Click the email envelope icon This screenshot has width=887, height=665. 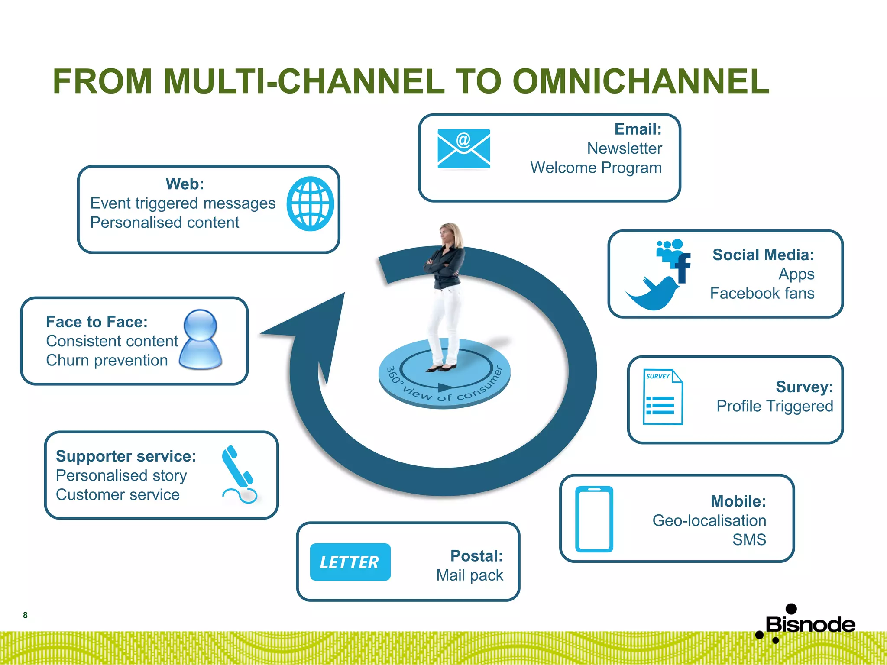pyautogui.click(x=463, y=148)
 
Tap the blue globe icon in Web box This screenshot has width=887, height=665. pyautogui.click(x=310, y=203)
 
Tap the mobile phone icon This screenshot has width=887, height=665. pyautogui.click(x=594, y=519)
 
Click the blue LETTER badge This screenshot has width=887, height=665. pyautogui.click(x=350, y=562)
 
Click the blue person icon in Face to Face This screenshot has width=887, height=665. pyautogui.click(x=201, y=340)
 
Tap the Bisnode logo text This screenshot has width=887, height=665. pyautogui.click(x=810, y=624)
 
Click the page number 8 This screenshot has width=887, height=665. pyautogui.click(x=25, y=615)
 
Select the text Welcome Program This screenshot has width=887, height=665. pyautogui.click(x=596, y=168)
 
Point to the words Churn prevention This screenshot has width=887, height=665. pyautogui.click(x=107, y=360)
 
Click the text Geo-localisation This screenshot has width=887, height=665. pyautogui.click(x=709, y=520)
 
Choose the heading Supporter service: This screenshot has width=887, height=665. pyautogui.click(x=126, y=456)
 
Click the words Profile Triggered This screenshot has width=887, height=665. pyautogui.click(x=774, y=406)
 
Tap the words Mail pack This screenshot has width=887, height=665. pyautogui.click(x=469, y=575)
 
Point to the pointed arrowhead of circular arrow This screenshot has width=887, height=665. pyautogui.click(x=303, y=323)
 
